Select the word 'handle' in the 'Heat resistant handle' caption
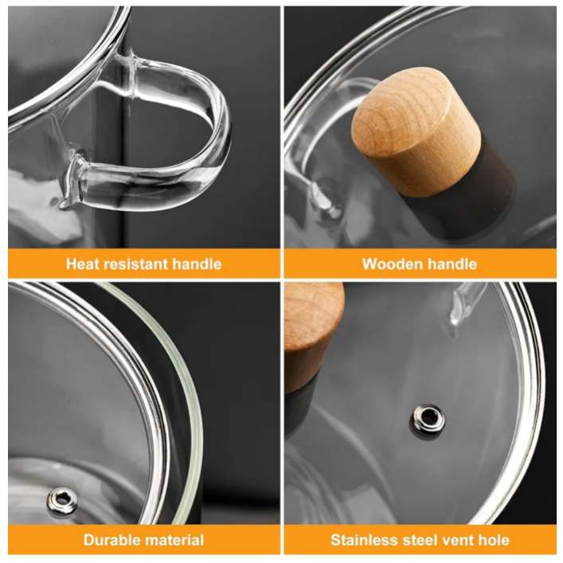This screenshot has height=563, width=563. (197, 264)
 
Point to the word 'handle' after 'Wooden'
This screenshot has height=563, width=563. (452, 264)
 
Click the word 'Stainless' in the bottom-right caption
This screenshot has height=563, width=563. (362, 540)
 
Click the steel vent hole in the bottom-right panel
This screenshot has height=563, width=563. (427, 417)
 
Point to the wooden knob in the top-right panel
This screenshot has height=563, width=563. (416, 132)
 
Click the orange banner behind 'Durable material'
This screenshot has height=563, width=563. (143, 540)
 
